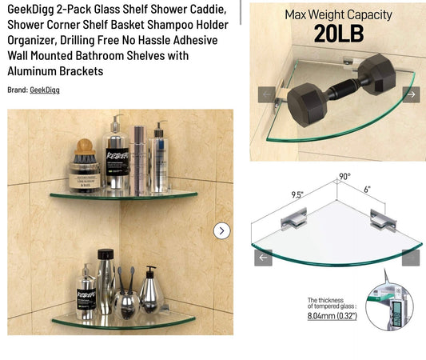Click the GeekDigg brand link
(x=45, y=90)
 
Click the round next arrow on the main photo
(x=222, y=230)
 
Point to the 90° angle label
(x=344, y=176)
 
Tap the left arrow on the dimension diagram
(x=263, y=258)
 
